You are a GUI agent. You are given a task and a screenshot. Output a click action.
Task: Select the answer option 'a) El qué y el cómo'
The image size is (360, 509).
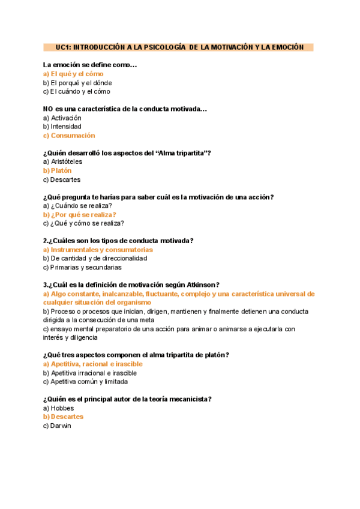(73, 74)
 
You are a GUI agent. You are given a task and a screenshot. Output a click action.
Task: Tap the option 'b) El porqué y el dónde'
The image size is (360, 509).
(77, 83)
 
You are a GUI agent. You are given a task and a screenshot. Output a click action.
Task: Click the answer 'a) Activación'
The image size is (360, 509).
(62, 118)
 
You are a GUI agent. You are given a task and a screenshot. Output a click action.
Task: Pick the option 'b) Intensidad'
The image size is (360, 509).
(62, 127)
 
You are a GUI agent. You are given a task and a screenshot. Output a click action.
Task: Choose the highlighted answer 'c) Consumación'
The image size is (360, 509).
(69, 136)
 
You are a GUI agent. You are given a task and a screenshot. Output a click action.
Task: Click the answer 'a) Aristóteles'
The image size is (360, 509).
(63, 162)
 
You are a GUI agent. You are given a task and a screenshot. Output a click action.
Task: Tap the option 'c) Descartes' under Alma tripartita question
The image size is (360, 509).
(62, 179)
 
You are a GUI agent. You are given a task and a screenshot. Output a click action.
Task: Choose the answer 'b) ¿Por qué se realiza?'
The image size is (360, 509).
(80, 214)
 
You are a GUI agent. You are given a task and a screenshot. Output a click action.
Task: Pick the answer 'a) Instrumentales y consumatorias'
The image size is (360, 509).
(98, 250)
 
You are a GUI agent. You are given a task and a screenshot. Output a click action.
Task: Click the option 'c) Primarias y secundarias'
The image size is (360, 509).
(82, 267)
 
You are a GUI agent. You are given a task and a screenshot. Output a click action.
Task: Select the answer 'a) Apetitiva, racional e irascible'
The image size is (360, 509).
(93, 364)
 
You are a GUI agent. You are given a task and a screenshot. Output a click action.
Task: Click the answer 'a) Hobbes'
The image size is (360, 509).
(59, 408)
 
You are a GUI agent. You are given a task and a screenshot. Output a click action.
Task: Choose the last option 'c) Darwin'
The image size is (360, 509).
(58, 426)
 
